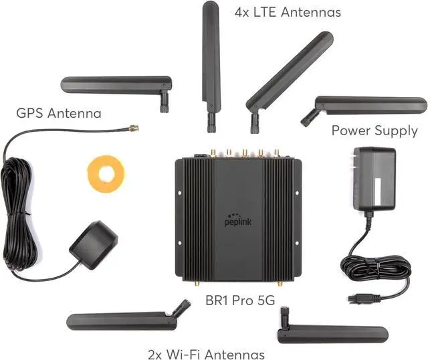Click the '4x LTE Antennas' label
point(288,12)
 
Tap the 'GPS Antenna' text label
point(59,113)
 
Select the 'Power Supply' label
point(374,130)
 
